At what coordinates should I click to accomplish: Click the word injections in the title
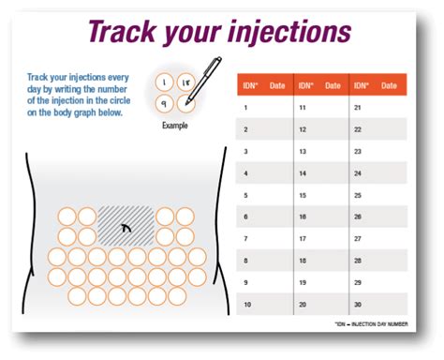[x=285, y=32]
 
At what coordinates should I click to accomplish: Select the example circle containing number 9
[x=165, y=104]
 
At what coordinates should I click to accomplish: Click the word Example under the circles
[x=175, y=124]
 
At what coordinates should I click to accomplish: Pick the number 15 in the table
[x=302, y=195]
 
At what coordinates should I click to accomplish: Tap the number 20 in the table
[x=302, y=306]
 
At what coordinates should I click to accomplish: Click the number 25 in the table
[x=358, y=195]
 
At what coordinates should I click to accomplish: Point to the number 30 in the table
[x=358, y=306]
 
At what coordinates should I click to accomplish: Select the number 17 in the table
[x=302, y=239]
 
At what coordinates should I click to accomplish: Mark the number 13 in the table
[x=302, y=151]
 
